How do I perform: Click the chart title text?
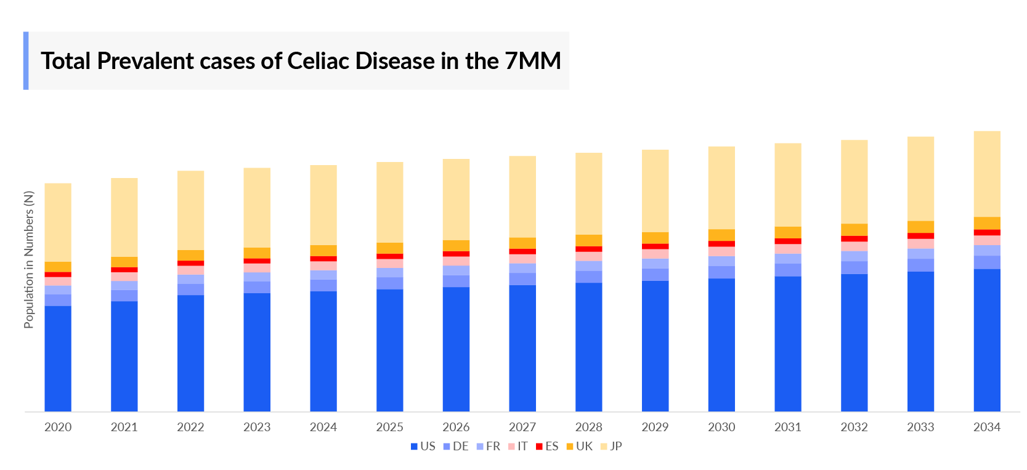[301, 61]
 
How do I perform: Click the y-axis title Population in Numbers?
[29, 259]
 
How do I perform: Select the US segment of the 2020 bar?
[58, 359]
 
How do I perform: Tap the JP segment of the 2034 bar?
[986, 174]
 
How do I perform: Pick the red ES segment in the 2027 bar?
[522, 251]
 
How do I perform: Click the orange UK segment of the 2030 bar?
[721, 235]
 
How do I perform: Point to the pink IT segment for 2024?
[323, 266]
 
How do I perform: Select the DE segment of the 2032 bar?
[854, 267]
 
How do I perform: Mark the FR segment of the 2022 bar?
[190, 280]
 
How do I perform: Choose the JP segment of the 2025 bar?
[390, 202]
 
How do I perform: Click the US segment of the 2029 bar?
[655, 346]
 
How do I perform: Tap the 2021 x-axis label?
[124, 427]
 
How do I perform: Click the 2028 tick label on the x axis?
[588, 427]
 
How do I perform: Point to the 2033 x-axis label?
[920, 427]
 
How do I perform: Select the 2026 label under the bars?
[456, 427]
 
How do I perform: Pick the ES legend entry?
[547, 447]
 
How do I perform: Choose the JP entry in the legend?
[611, 447]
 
